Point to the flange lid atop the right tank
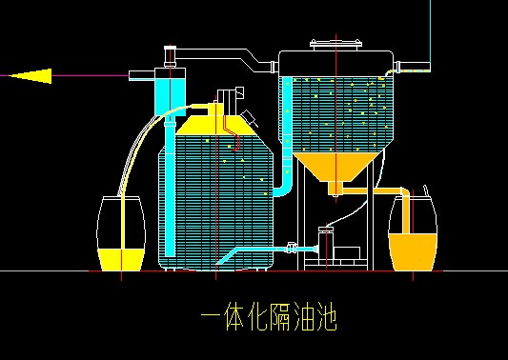[335, 43]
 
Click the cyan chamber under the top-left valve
[169, 92]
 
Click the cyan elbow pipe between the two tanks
[283, 181]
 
